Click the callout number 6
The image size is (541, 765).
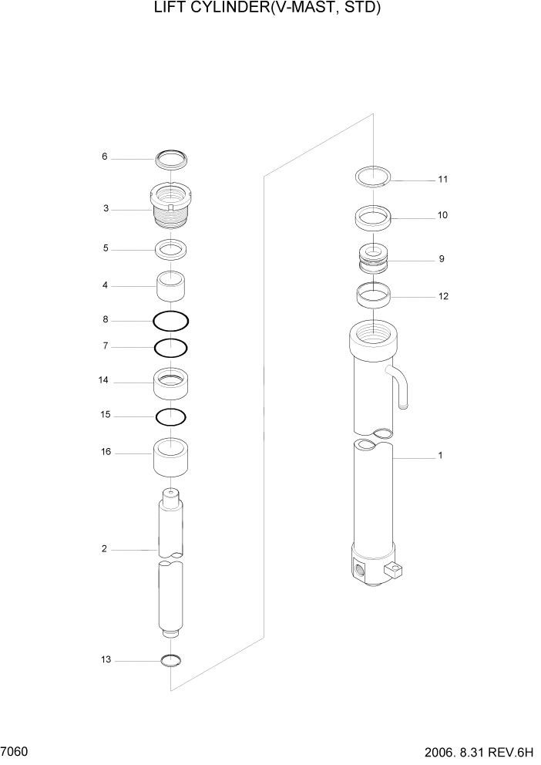(105, 157)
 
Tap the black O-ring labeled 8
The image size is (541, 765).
(171, 320)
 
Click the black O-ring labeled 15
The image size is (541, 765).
(171, 416)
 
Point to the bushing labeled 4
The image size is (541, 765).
(173, 288)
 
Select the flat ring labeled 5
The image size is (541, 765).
(172, 249)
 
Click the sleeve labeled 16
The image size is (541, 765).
(172, 458)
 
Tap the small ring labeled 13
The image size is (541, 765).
(170, 659)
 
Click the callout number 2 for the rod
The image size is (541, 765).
(103, 549)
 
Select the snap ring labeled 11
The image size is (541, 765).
(374, 177)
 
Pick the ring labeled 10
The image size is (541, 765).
(374, 217)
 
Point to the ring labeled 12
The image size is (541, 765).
(374, 294)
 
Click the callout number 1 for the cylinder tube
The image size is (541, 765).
(440, 455)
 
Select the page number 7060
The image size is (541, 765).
(15, 750)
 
